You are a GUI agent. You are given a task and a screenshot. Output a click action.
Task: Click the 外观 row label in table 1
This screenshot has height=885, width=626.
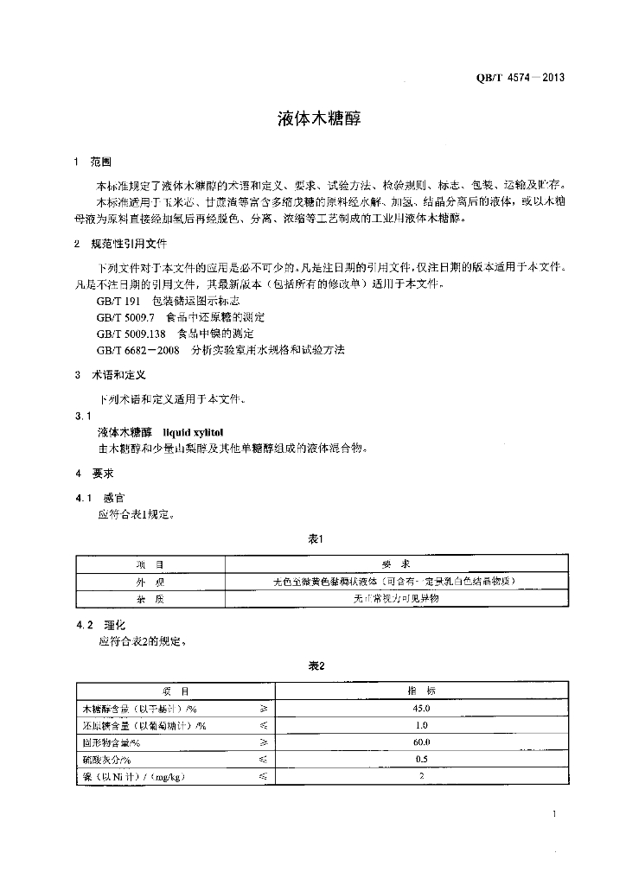tap(149, 581)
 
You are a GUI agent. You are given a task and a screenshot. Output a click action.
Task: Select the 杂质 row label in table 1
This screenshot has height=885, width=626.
tap(149, 598)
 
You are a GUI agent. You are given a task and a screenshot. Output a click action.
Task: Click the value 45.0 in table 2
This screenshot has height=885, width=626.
tap(421, 708)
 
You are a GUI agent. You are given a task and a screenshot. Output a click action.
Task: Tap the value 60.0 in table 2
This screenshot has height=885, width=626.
tap(421, 742)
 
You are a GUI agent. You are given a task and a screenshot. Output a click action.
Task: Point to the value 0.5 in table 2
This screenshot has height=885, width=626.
tap(421, 759)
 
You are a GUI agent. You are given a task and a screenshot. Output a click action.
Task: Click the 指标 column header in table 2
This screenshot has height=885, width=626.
tap(421, 691)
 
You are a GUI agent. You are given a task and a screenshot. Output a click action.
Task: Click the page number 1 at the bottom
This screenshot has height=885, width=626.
tap(553, 814)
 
